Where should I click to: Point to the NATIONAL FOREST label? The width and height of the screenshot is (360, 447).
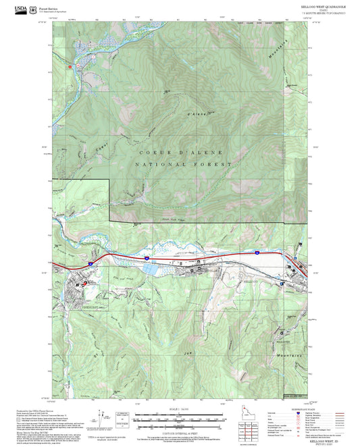(182, 165)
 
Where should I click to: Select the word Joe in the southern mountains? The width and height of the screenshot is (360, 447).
(184, 352)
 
